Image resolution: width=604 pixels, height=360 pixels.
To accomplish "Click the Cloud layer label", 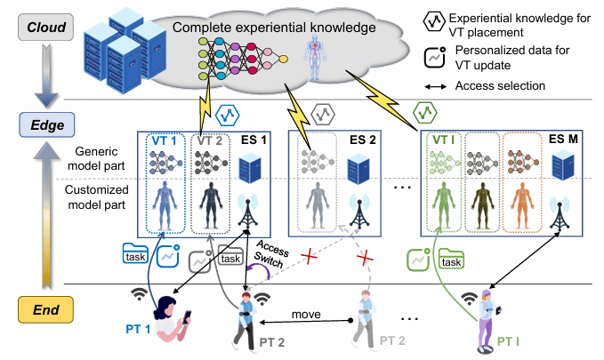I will (44, 28).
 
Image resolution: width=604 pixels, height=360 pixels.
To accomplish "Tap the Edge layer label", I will (44, 125).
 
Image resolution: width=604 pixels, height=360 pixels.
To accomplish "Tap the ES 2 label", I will (362, 140).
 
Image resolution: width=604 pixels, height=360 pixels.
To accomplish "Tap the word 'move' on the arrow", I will (306, 313).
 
